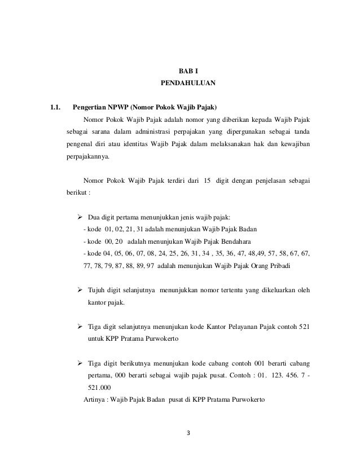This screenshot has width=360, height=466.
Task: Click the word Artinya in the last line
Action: click(x=94, y=400)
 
